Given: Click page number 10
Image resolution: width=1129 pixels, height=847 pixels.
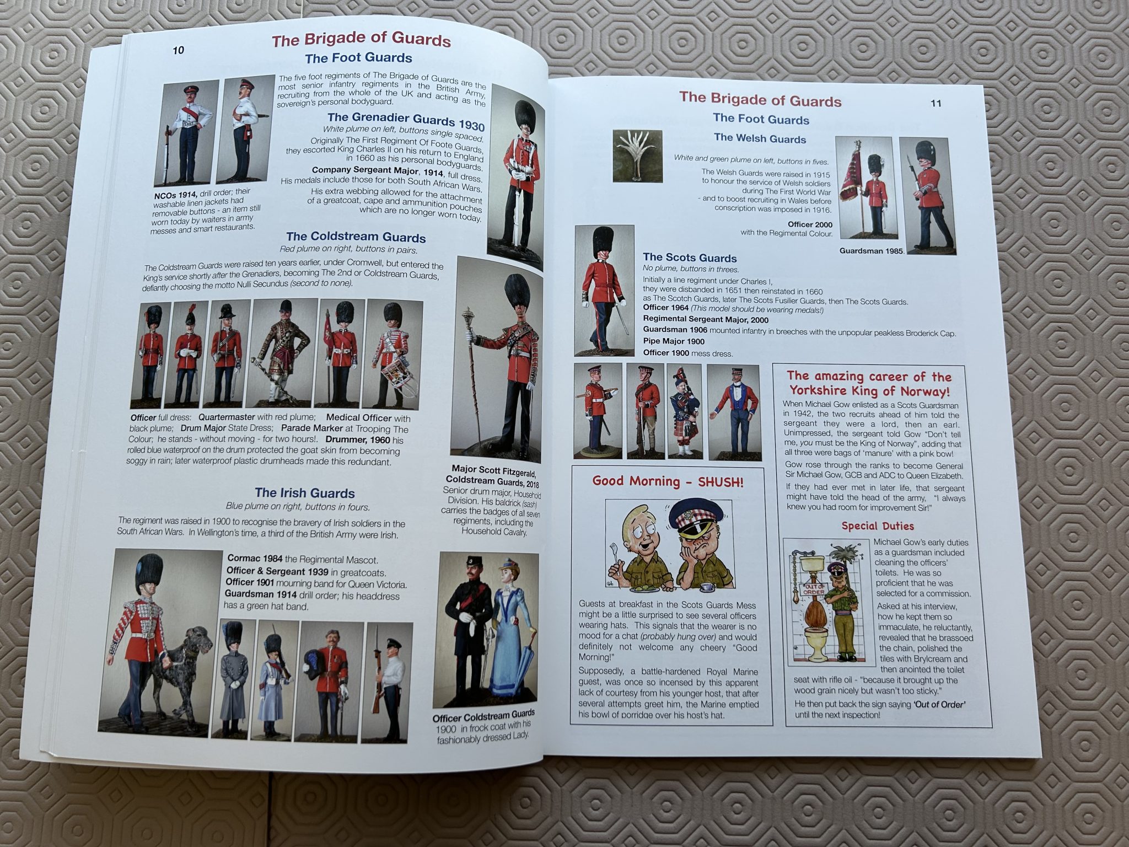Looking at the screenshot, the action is (179, 50).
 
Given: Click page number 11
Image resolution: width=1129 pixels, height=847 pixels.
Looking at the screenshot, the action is (936, 103).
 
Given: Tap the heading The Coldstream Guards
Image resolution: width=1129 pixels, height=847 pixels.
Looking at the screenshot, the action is (356, 237).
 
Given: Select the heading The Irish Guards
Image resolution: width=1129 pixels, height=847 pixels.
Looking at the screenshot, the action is (305, 493).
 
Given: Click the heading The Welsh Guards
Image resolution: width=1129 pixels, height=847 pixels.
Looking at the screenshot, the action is (760, 138).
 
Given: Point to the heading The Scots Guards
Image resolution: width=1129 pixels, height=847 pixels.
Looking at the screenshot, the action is (690, 258).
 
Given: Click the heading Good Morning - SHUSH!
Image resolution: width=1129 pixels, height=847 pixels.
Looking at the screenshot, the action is (668, 481).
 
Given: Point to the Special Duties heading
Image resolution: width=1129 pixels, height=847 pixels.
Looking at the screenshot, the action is (878, 526).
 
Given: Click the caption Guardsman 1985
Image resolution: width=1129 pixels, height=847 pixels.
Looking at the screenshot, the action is (872, 251).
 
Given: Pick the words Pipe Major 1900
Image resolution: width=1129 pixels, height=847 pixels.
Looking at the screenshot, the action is (674, 341).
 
